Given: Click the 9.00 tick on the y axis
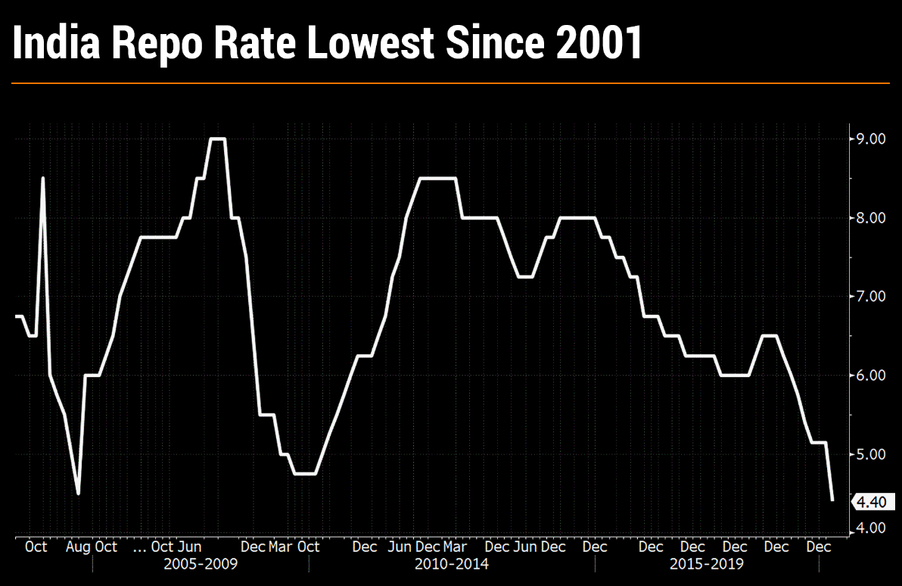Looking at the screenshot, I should pos(869,139).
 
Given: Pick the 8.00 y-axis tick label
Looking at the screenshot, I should pos(869,218).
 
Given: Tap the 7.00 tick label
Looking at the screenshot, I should pos(869,297).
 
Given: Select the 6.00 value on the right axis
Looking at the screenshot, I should pos(869,376).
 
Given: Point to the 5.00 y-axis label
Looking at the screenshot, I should pos(869,454).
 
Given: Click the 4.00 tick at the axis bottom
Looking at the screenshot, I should pos(869,528).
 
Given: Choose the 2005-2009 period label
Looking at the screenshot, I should pos(201,565).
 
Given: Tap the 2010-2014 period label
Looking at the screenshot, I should pos(452,565).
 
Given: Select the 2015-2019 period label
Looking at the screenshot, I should pos(707,565).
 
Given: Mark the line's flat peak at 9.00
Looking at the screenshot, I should pos(217,139).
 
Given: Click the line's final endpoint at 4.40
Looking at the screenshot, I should pos(832,500).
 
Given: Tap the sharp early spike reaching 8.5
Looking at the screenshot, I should pos(42,179).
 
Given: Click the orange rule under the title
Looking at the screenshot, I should pos(451,83).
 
